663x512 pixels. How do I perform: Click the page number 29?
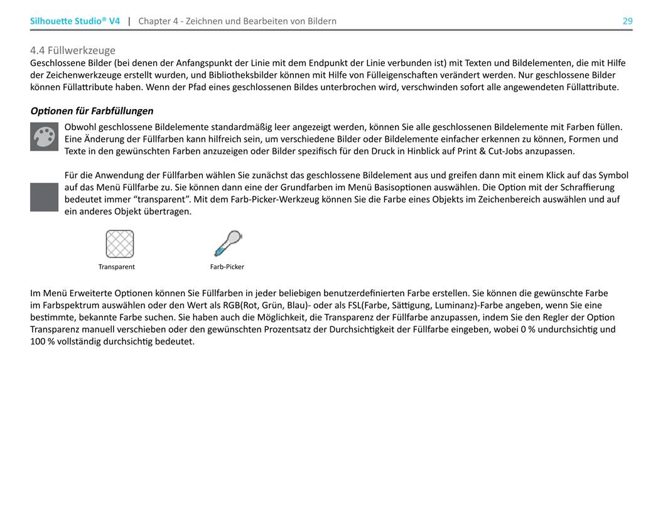coord(627,21)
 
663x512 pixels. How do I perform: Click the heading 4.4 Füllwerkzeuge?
coord(73,50)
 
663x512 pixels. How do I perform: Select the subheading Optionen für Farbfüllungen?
coord(92,111)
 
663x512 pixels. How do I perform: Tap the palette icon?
coord(44,137)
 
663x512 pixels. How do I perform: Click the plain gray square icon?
coord(44,197)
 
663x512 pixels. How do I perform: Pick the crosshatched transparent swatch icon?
coord(119,244)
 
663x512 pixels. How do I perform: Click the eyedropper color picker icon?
coord(227,243)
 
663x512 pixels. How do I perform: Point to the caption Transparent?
coord(117,267)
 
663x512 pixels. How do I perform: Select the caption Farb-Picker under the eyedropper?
coord(227,267)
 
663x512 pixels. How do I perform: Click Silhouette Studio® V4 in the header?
coord(75,21)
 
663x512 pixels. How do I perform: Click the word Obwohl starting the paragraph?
coord(80,127)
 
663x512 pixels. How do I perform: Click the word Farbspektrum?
coord(68,306)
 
